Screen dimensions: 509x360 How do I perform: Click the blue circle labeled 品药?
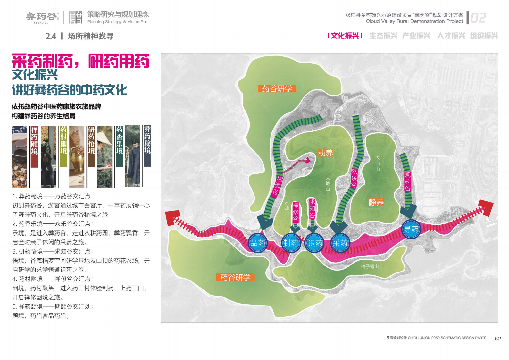click(x=258, y=243)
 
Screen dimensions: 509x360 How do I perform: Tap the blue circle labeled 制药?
click(x=290, y=243)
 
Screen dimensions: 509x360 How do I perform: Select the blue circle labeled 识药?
click(x=315, y=243)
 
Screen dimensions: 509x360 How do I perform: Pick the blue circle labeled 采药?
click(x=340, y=243)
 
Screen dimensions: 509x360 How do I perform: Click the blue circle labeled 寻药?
click(x=411, y=229)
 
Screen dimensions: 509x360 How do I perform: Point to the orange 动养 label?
click(x=325, y=153)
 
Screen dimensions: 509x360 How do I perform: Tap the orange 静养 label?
click(x=376, y=202)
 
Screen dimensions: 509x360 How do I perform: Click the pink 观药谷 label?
click(x=407, y=182)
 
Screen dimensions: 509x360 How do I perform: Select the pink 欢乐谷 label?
click(x=354, y=178)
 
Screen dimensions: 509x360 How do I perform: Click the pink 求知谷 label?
click(x=312, y=208)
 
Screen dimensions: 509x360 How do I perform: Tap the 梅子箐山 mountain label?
click(x=370, y=266)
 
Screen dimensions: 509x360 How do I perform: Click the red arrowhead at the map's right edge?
click(x=486, y=208)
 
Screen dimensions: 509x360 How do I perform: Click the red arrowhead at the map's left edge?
click(x=173, y=218)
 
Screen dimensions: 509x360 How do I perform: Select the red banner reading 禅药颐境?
click(x=34, y=147)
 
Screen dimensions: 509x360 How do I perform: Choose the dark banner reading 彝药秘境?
click(x=147, y=146)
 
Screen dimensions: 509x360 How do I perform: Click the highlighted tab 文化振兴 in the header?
click(x=345, y=36)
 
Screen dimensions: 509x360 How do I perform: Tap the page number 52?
click(x=498, y=339)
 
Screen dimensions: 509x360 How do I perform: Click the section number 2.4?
click(x=51, y=36)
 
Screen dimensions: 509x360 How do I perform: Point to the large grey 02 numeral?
click(x=478, y=18)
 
